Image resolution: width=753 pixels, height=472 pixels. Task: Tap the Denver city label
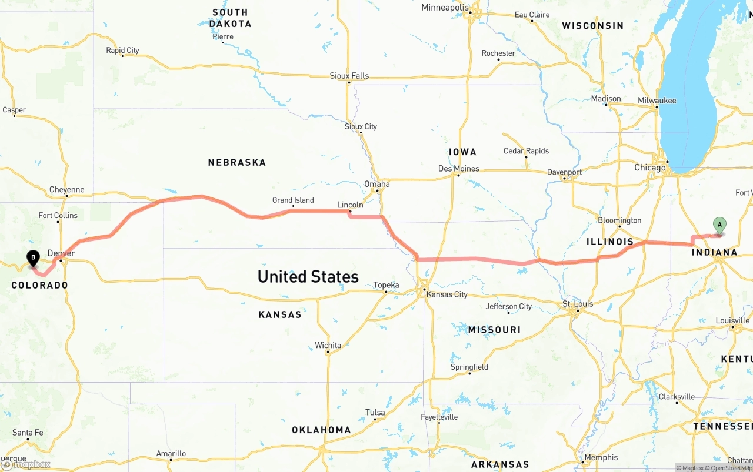61,253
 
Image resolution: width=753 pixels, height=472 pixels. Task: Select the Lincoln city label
350,205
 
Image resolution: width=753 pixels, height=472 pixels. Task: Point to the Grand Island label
293,200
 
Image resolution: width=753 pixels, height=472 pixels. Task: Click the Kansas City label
447,294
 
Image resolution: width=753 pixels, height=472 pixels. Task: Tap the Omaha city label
377,184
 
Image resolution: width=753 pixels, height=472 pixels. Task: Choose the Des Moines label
459,169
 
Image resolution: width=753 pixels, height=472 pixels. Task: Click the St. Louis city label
578,304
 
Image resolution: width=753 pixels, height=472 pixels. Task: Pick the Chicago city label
650,168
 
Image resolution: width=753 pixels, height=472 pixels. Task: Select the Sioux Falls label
349,76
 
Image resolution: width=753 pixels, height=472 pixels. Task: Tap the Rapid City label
122,51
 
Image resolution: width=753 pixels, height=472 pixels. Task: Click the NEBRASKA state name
236,162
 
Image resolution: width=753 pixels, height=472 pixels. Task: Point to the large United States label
308,276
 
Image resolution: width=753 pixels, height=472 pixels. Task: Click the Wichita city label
328,345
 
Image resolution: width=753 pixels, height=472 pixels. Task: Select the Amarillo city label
171,453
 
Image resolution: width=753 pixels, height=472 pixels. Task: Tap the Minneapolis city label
445,8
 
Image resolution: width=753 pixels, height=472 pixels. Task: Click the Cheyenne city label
67,190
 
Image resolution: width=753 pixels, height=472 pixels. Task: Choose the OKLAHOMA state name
321,430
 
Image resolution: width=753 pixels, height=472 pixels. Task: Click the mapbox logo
26,464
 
